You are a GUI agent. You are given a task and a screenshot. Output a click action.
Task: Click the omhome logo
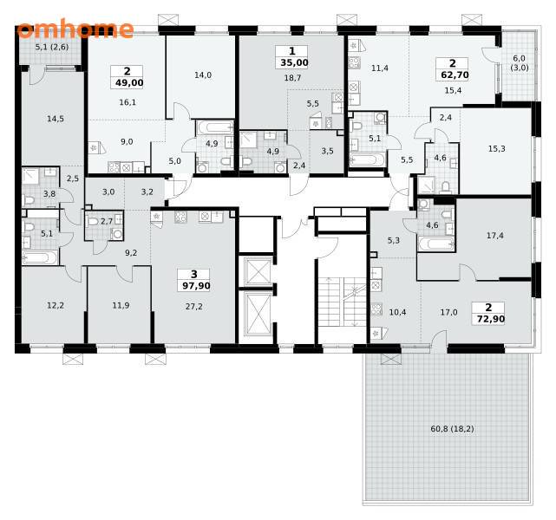[x=75, y=29]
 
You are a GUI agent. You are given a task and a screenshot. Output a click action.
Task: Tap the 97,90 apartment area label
[x=196, y=285]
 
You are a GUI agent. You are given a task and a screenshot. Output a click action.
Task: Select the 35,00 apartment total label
[x=294, y=62]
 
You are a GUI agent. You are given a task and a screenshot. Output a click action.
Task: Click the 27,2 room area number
[x=194, y=307]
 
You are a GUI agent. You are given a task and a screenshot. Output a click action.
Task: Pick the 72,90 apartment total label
[x=491, y=319]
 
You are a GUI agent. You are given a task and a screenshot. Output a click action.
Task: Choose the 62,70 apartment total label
[x=455, y=75]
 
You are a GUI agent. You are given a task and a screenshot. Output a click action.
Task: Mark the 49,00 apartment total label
[x=129, y=83]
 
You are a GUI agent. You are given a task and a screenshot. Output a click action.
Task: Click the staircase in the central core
[x=342, y=302]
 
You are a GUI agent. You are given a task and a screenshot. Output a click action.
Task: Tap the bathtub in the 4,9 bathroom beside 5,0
[x=215, y=127]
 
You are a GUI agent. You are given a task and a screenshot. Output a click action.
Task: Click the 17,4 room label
[x=495, y=236]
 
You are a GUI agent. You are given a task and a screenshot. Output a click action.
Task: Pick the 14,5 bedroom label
[x=56, y=119]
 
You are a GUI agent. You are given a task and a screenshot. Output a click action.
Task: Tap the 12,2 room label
[x=56, y=305]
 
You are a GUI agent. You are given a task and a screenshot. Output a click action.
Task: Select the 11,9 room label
[x=121, y=305]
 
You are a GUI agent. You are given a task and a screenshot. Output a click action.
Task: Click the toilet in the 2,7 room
[x=93, y=222]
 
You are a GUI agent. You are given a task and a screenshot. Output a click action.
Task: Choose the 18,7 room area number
[x=292, y=78]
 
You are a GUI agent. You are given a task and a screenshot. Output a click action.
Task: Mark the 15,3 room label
[x=497, y=149]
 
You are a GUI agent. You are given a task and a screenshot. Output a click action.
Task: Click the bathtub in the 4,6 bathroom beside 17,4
[x=436, y=244]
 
